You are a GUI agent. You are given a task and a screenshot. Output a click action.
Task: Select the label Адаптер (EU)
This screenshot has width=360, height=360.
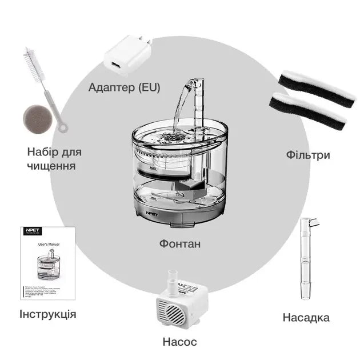tap(124, 87)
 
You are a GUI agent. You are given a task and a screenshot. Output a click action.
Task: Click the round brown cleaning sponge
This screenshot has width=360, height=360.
tap(37, 118)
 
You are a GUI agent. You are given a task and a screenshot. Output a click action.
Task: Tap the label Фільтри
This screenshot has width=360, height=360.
tap(308, 155)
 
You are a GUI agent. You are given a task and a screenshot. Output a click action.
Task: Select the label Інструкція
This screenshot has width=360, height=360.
tap(47, 314)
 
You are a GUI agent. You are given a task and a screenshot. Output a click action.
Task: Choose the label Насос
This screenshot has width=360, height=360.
tap(179, 342)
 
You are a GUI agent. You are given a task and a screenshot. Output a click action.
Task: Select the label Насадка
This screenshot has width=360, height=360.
tap(306, 318)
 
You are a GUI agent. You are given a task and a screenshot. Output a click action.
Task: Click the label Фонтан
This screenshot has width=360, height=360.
tap(180, 244)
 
